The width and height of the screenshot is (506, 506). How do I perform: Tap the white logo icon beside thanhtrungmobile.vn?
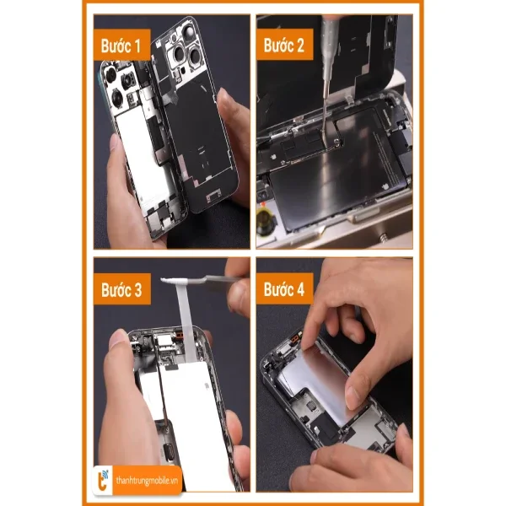tap(104, 478)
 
